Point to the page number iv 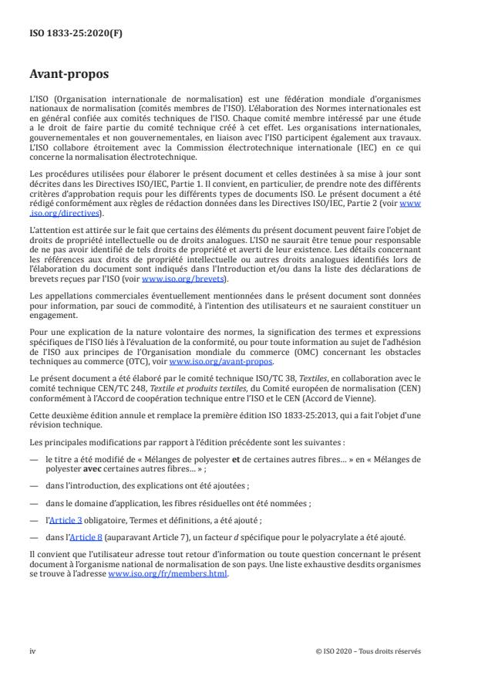coord(33,651)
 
